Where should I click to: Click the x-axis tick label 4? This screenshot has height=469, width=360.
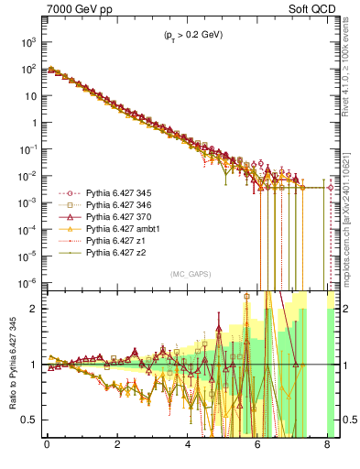coord(188,446)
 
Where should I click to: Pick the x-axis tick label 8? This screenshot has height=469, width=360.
coord(328,446)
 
